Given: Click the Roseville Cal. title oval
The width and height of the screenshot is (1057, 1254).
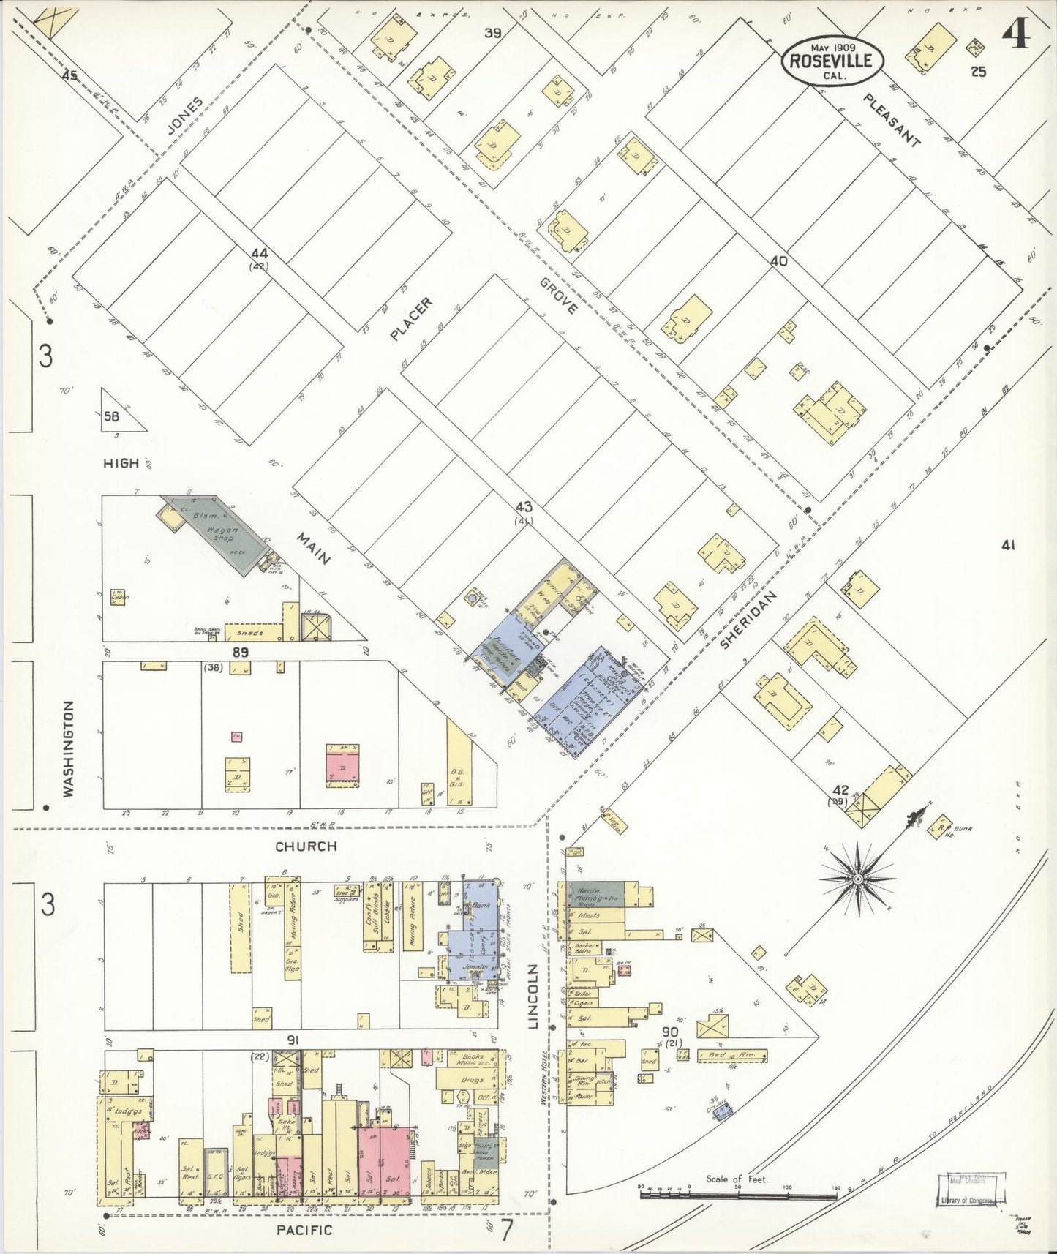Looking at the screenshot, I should click(832, 59).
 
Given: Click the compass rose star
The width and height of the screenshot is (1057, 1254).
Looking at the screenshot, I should click(857, 878).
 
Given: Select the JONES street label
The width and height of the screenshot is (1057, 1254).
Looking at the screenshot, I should click(184, 116).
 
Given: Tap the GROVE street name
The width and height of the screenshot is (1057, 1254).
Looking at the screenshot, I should click(559, 296).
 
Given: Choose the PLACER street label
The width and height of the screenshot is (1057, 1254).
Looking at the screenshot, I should click(411, 319).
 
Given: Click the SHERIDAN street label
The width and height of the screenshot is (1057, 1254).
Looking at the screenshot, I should click(747, 620).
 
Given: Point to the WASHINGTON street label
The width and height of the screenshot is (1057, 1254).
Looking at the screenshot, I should click(68, 748).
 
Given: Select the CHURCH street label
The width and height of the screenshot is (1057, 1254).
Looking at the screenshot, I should click(306, 846).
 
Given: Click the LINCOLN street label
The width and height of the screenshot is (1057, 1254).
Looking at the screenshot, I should click(533, 996).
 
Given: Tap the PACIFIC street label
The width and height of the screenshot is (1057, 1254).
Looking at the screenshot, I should click(304, 1231).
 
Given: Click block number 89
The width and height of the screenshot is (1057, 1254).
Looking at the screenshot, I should click(240, 652).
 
